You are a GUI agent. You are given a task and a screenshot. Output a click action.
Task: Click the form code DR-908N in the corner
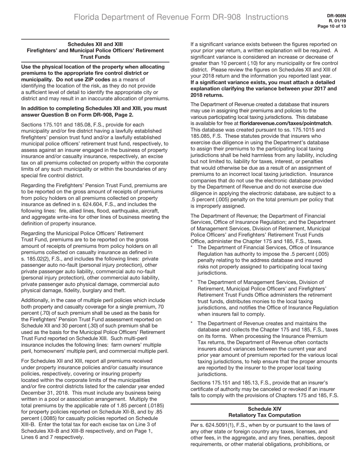click(337, 16)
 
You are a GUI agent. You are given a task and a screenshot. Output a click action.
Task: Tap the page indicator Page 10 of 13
click(332, 27)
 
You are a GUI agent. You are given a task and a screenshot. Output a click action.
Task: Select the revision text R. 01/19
click(337, 21)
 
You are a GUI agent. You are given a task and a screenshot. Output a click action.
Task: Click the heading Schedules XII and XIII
click(95, 44)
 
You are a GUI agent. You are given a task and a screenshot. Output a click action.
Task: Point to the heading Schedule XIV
click(264, 409)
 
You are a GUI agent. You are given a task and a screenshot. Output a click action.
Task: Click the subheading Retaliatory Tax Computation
click(264, 415)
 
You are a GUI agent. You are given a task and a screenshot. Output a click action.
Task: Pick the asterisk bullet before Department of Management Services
click(192, 282)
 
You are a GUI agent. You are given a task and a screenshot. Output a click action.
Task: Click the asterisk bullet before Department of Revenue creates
click(192, 324)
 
